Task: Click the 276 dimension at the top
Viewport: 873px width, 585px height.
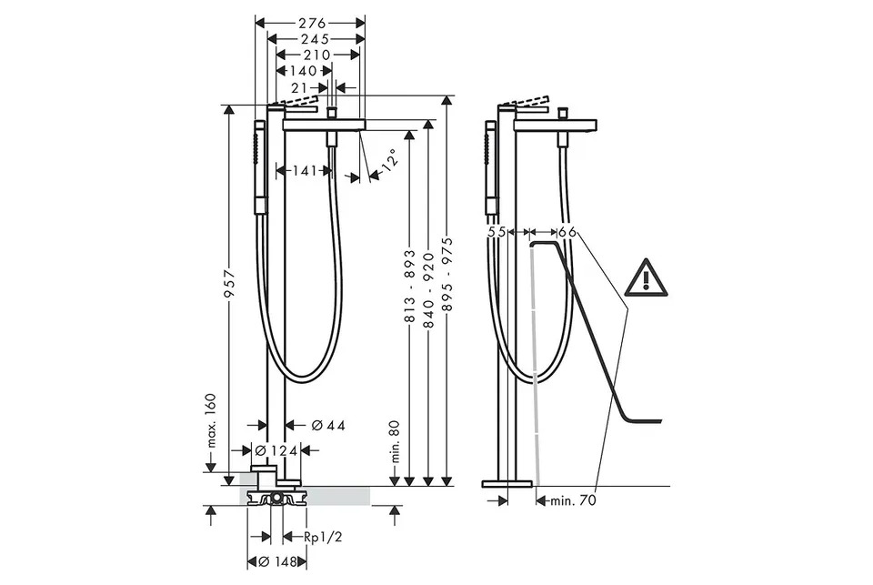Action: point(312,24)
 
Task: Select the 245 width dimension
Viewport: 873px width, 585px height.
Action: point(316,39)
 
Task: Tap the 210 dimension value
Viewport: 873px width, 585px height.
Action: point(316,55)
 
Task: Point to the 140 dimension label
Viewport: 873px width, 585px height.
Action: point(303,71)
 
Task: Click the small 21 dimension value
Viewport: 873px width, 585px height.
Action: point(299,87)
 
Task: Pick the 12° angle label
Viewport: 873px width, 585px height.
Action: point(391,160)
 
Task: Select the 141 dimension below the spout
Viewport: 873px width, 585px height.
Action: point(305,170)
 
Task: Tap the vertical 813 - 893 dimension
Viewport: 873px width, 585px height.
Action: point(410,286)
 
